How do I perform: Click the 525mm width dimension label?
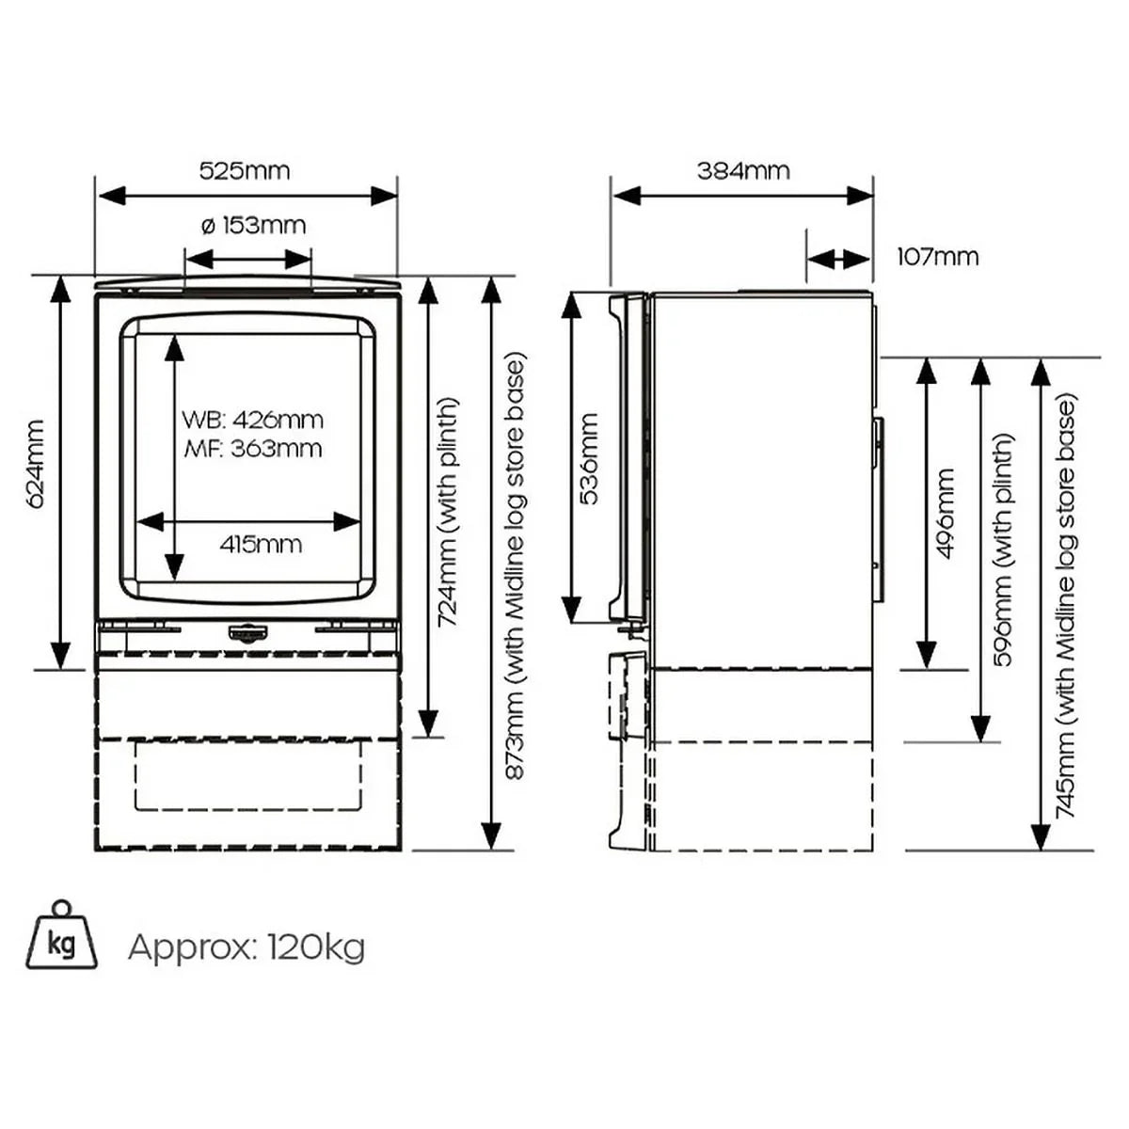tap(245, 171)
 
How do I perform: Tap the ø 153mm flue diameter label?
tap(253, 226)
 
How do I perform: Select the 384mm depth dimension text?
tap(743, 171)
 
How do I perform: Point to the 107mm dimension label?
tap(938, 257)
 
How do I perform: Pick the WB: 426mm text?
tap(252, 420)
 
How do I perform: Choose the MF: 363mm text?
tap(252, 449)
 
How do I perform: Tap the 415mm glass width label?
tap(262, 545)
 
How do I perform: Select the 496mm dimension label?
tap(946, 514)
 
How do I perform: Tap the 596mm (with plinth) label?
tap(1003, 549)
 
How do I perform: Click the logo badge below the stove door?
tap(246, 631)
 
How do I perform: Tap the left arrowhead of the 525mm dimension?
tap(111, 197)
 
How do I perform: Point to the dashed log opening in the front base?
tap(247, 776)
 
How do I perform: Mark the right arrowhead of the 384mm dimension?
tap(860, 197)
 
